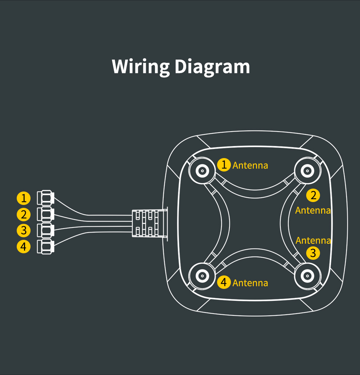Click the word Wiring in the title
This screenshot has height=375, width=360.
tap(140, 66)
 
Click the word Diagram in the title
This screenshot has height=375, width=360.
tap(212, 66)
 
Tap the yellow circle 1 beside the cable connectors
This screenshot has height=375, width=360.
tap(24, 198)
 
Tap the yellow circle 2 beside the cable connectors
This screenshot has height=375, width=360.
tap(24, 214)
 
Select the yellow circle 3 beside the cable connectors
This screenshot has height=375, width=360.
tap(24, 230)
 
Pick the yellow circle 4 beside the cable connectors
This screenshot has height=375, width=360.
tap(24, 247)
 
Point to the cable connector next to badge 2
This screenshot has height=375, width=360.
tap(46, 214)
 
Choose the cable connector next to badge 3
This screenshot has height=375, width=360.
tap(46, 230)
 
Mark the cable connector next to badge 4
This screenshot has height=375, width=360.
tap(46, 247)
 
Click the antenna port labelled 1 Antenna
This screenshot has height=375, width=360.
tap(201, 170)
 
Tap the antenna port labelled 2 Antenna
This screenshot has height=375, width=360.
tap(307, 170)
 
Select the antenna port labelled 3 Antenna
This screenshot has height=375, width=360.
tap(307, 276)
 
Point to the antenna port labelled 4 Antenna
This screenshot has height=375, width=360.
tap(201, 276)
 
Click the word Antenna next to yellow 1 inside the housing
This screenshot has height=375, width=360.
tap(250, 165)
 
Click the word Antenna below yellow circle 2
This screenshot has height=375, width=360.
tap(313, 210)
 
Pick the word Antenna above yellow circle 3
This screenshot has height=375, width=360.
tap(313, 241)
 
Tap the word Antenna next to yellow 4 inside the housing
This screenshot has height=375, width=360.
tap(250, 283)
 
